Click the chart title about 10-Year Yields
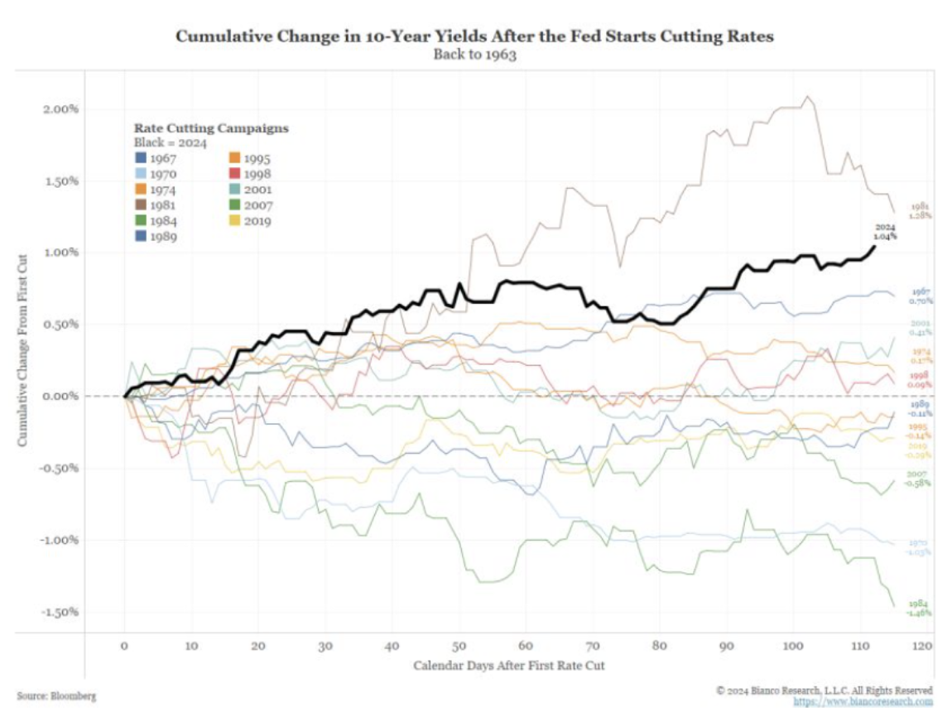(476, 37)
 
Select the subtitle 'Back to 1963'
(476, 55)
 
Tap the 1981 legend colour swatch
(142, 205)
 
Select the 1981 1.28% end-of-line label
(921, 210)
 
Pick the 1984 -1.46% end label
(920, 609)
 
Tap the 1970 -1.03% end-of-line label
(920, 546)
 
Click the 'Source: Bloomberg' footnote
(55, 696)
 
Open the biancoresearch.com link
(863, 702)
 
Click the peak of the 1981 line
(809, 97)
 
